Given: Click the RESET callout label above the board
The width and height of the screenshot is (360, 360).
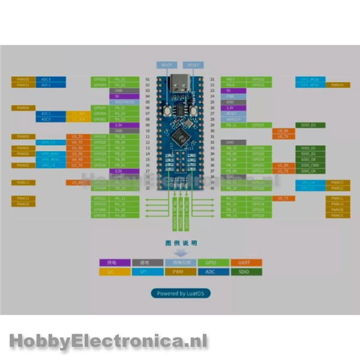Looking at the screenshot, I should [192, 64].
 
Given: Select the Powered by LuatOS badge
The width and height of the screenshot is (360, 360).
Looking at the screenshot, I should [180, 293].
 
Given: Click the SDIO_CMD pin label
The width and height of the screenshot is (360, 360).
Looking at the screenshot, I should [310, 165].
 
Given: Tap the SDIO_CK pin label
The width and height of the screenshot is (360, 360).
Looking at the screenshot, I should [310, 171].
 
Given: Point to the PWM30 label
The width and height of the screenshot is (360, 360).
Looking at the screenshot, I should [23, 79].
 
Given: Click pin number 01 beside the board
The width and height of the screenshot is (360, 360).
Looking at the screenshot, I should [148, 79].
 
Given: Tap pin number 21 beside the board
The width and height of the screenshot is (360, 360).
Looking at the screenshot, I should [212, 79].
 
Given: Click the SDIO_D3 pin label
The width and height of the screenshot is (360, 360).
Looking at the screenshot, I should [310, 125].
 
